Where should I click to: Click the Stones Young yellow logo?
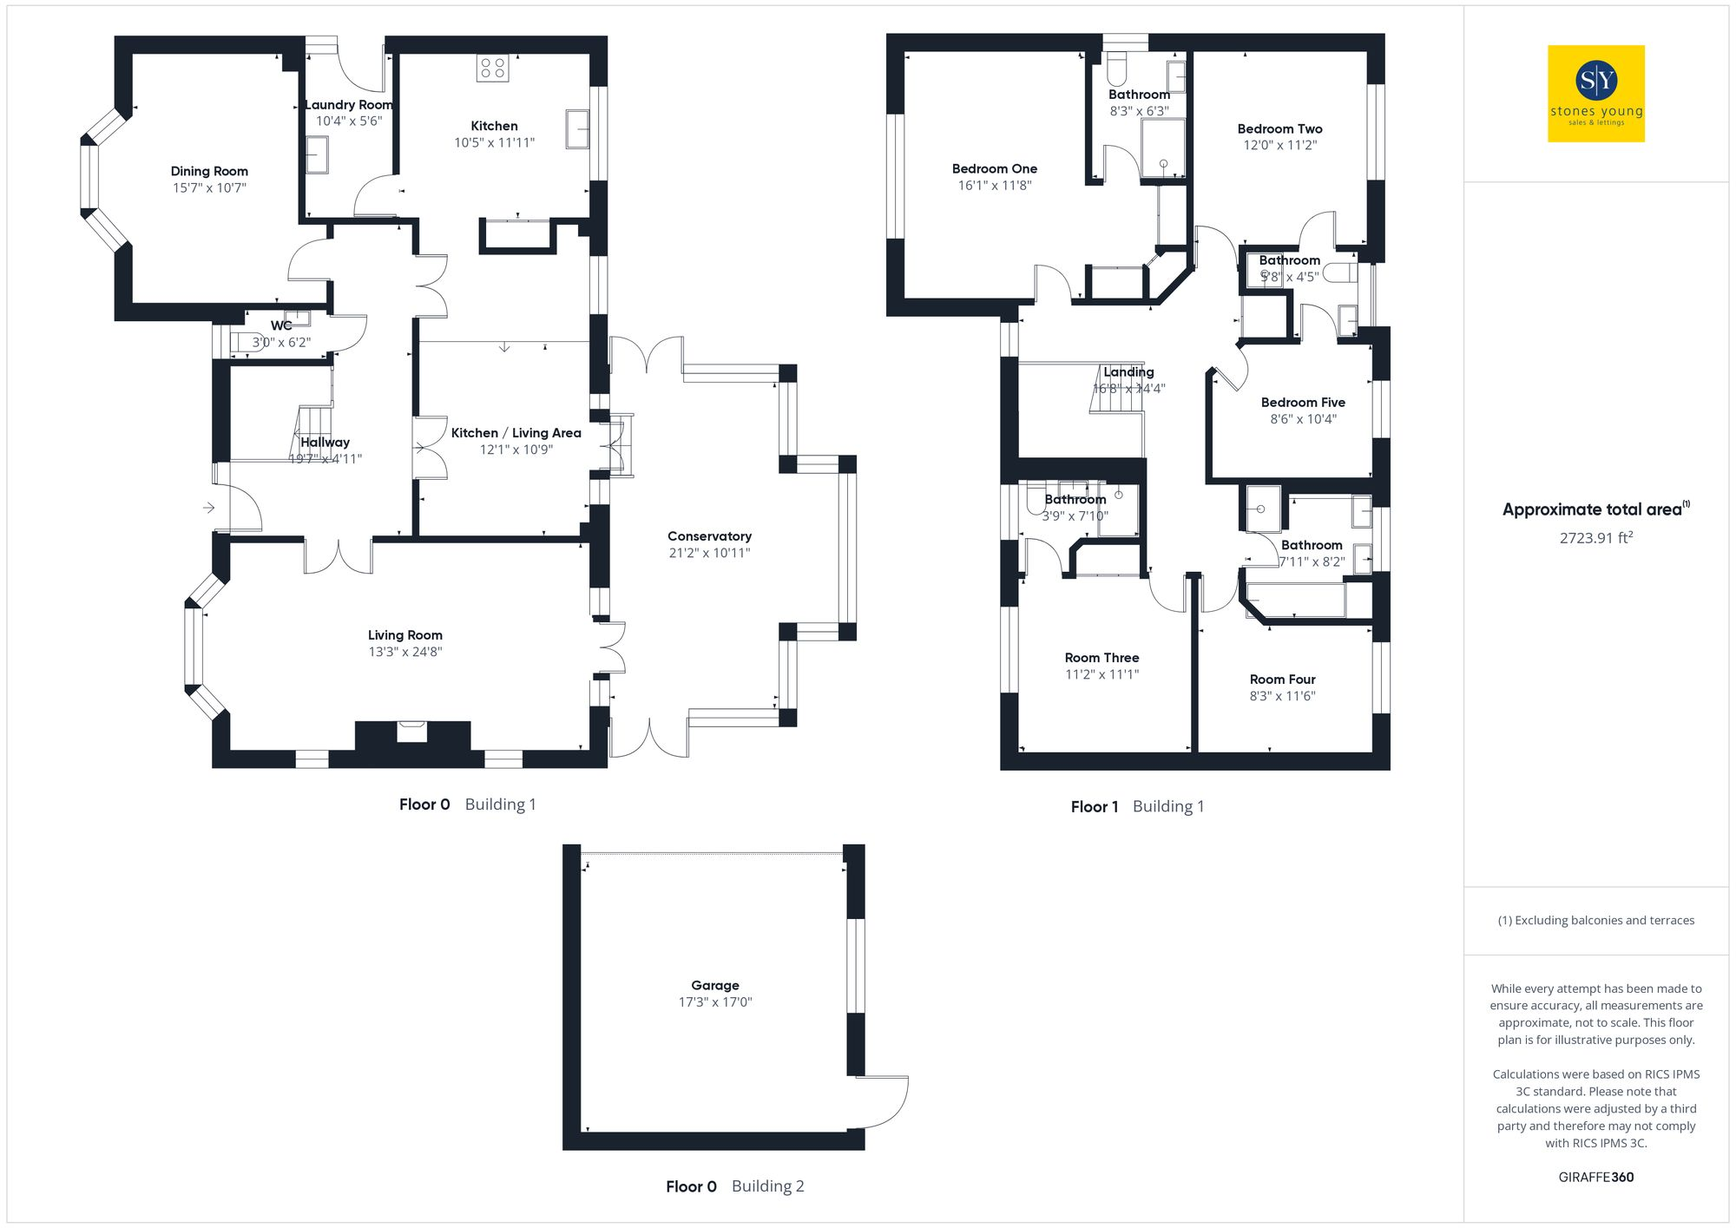pyautogui.click(x=1595, y=94)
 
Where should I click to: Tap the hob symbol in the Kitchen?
pyautogui.click(x=492, y=69)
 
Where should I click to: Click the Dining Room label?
pyautogui.click(x=209, y=172)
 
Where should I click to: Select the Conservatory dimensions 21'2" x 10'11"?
pyautogui.click(x=709, y=554)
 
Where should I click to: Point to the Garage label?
pyautogui.click(x=715, y=986)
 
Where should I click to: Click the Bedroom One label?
pyautogui.click(x=994, y=169)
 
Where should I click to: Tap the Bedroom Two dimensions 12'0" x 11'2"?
pyautogui.click(x=1279, y=146)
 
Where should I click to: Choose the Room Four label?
pyautogui.click(x=1282, y=680)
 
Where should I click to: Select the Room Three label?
pyautogui.click(x=1101, y=658)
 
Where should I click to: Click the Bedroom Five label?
pyautogui.click(x=1303, y=403)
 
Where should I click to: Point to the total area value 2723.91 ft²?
pyautogui.click(x=1595, y=538)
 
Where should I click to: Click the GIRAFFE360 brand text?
pyautogui.click(x=1595, y=1178)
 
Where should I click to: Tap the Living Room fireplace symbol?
pyautogui.click(x=411, y=732)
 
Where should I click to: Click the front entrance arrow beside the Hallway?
pyautogui.click(x=209, y=508)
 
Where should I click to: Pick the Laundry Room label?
pyautogui.click(x=349, y=105)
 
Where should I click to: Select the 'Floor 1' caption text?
pyautogui.click(x=1095, y=807)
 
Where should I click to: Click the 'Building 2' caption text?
pyautogui.click(x=767, y=1186)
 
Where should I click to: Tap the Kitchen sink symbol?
pyautogui.click(x=577, y=128)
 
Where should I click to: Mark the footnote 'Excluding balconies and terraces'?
pyautogui.click(x=1595, y=921)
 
